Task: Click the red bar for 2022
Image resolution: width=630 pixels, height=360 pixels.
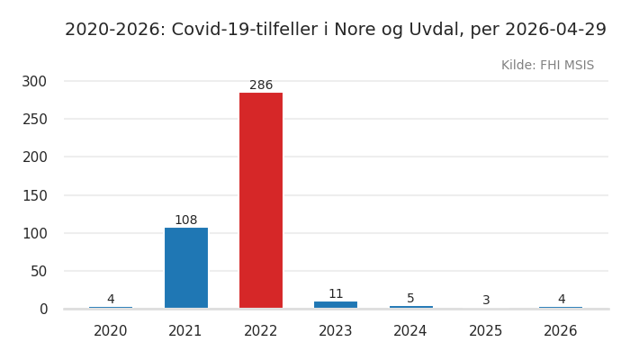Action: [x=261, y=200]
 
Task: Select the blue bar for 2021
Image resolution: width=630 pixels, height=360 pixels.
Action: [x=186, y=267]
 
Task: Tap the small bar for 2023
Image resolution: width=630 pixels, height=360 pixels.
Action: [x=336, y=304]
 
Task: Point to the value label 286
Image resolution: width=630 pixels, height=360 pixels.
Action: [x=261, y=85]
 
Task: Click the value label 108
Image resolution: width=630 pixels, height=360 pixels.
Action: [x=186, y=220]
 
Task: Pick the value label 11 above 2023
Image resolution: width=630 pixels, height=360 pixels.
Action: [x=336, y=294]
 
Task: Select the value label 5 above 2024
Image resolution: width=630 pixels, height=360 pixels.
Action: [x=410, y=299]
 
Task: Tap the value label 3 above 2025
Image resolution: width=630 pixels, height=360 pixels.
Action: [x=486, y=301]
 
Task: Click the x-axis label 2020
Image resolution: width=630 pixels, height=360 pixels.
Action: [x=111, y=331]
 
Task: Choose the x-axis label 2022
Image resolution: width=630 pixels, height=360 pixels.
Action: [x=261, y=331]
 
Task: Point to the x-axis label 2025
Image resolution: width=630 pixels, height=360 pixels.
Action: [x=486, y=331]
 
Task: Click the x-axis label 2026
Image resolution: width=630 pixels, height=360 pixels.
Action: [x=561, y=331]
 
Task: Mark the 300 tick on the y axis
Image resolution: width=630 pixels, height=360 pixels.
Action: [x=34, y=81]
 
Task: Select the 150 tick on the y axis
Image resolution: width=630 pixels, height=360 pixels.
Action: [x=34, y=195]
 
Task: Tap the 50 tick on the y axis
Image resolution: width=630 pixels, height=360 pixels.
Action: [x=38, y=271]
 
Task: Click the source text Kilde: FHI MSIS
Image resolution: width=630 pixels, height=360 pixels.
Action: [x=547, y=66]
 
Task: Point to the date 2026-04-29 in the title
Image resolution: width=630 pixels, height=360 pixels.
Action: [x=557, y=30]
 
